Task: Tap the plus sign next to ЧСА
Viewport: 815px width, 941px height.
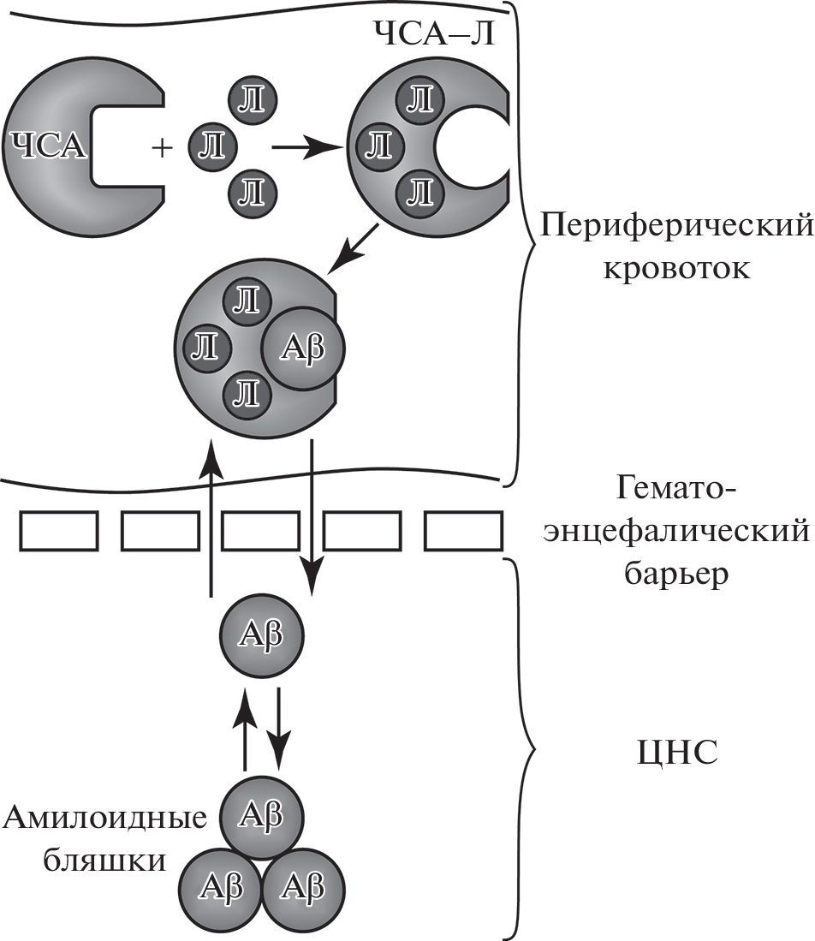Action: tap(161, 149)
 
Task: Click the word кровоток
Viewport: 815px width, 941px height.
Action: tap(677, 269)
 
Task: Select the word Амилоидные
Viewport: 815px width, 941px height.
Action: tap(105, 819)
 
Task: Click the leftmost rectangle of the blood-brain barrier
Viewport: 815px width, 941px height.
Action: tap(59, 531)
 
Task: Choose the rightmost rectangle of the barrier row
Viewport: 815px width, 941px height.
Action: tap(463, 531)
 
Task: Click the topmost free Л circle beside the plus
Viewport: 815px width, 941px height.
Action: tap(252, 100)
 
